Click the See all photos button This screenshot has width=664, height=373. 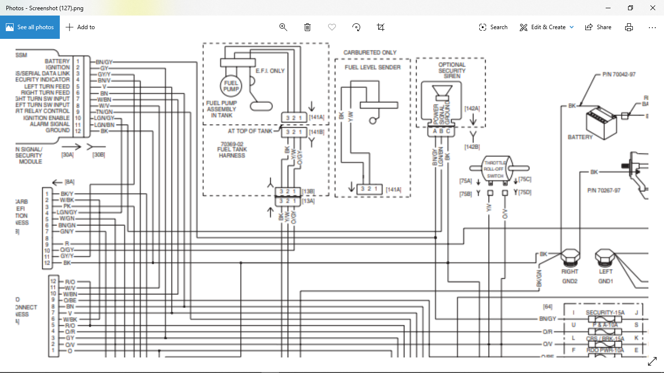pyautogui.click(x=30, y=27)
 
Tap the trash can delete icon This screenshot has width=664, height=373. pyautogui.click(x=307, y=27)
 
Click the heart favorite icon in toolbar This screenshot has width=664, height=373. pyautogui.click(x=332, y=27)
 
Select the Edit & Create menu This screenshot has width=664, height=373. pyautogui.click(x=547, y=27)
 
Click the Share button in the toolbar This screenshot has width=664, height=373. pyautogui.click(x=598, y=27)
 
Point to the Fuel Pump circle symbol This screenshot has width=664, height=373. pyautogui.click(x=231, y=86)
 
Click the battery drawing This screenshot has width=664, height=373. pyautogui.click(x=601, y=121)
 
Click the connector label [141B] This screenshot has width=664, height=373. pyautogui.click(x=316, y=132)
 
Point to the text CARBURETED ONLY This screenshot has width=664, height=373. pyautogui.click(x=370, y=52)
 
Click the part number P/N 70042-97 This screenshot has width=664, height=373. pyautogui.click(x=619, y=74)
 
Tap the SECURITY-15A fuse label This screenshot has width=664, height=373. pyautogui.click(x=605, y=313)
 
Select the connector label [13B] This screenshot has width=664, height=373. pyautogui.click(x=308, y=191)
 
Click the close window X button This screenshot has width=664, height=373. pyautogui.click(x=652, y=8)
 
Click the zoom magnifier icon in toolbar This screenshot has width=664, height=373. pyautogui.click(x=283, y=27)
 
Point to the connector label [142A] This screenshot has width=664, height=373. pyautogui.click(x=472, y=108)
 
